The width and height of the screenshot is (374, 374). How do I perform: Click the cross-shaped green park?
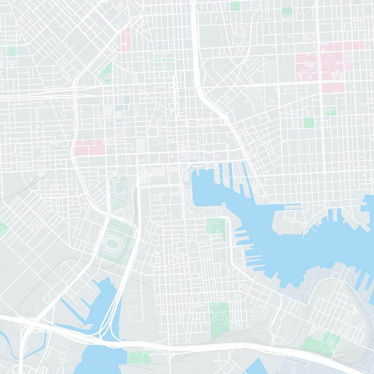pos(164,60)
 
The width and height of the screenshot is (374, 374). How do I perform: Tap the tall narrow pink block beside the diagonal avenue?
pos(126,40)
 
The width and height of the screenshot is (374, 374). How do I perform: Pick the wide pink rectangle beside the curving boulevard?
pos(89,148)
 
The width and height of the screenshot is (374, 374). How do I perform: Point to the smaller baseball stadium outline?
pos(119,189)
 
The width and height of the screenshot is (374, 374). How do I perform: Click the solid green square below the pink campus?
pos(309,122)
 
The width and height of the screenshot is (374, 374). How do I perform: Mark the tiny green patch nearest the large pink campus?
pos(331,112)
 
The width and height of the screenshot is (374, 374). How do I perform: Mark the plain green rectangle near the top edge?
pos(287,10)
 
